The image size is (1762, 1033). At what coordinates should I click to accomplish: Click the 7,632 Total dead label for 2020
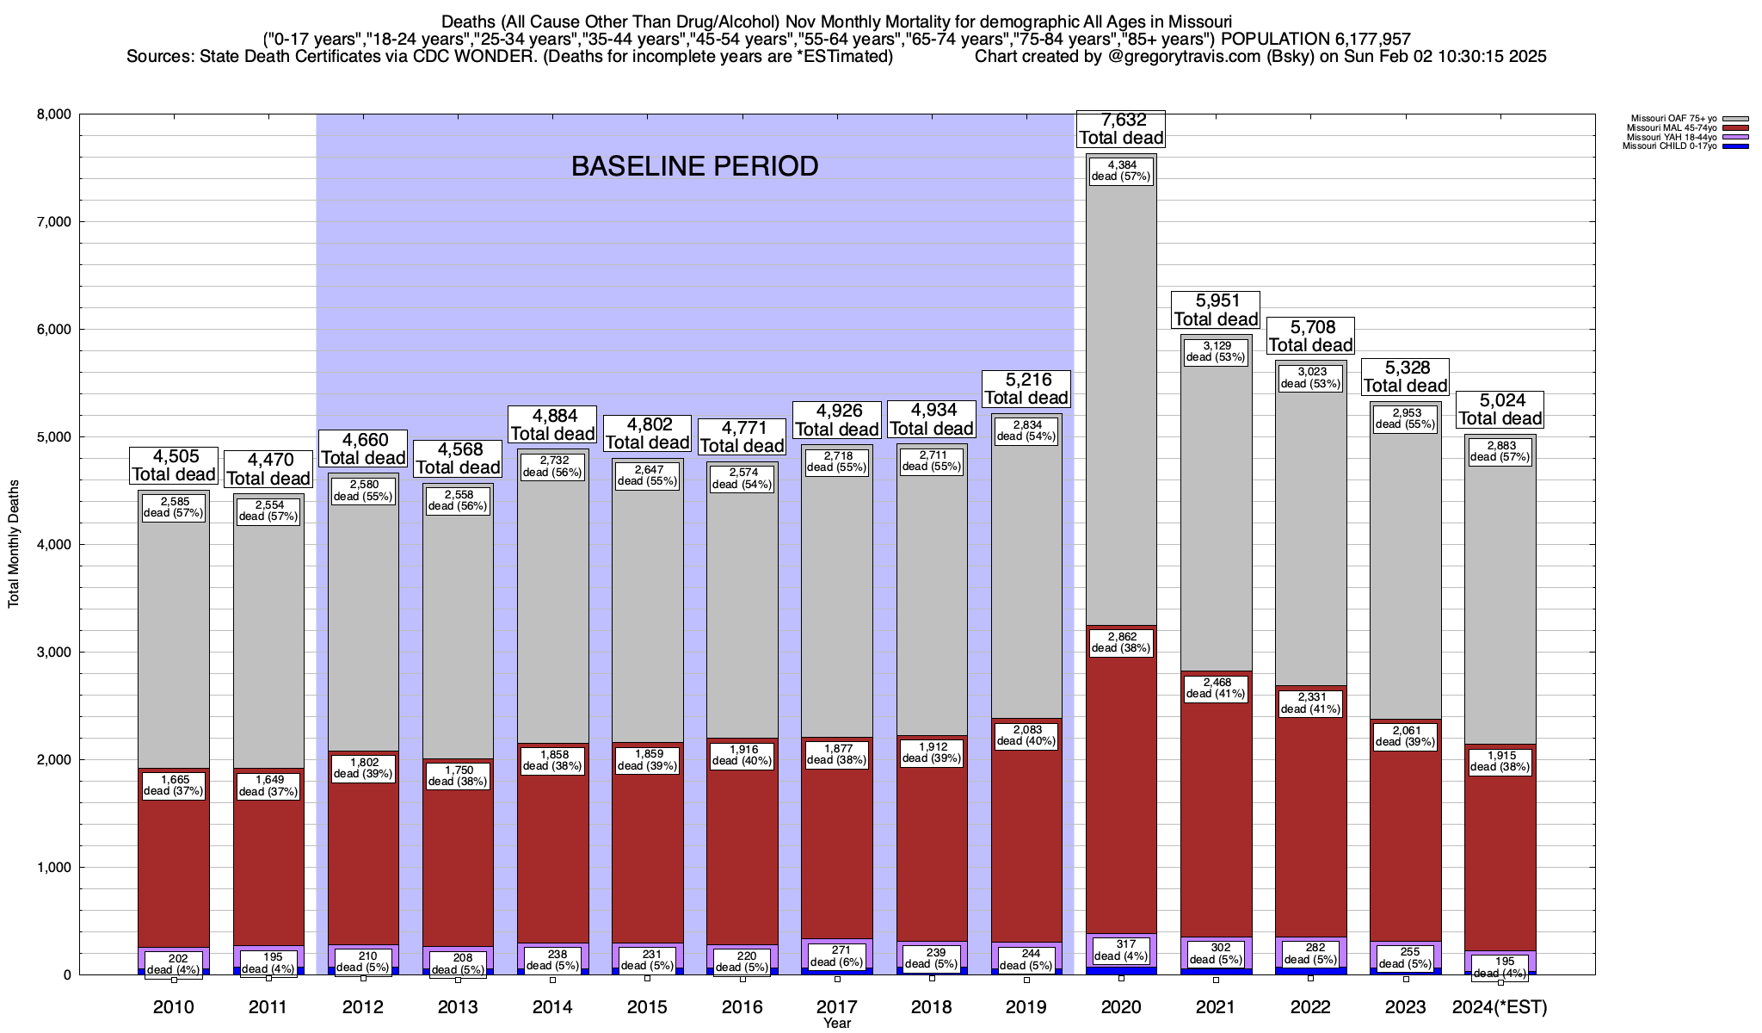tap(1121, 129)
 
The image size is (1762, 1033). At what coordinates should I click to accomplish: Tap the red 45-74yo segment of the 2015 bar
tap(647, 861)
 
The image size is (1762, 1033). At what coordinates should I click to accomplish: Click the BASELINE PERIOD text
tap(694, 166)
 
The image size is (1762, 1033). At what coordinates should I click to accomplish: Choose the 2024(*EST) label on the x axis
tap(1500, 1006)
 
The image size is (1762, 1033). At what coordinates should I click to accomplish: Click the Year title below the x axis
tap(836, 1024)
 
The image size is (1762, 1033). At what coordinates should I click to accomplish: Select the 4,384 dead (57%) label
tap(1121, 170)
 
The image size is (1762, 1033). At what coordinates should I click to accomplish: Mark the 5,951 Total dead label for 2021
tap(1216, 310)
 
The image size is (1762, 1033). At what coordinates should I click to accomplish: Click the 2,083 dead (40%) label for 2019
tap(1026, 735)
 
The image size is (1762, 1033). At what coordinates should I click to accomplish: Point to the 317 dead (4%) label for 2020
tap(1121, 949)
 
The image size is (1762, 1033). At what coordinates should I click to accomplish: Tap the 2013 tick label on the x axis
tap(458, 1006)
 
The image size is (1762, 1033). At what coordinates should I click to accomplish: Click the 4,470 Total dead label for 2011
tap(268, 469)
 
